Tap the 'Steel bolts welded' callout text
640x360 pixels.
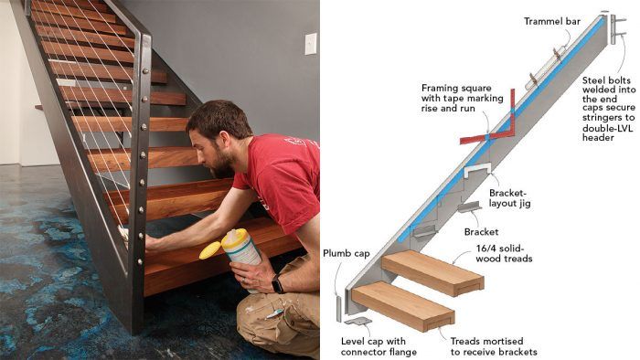(610, 109)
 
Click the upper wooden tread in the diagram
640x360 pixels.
(433, 270)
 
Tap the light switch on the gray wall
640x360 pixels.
(310, 43)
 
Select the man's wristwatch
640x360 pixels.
(277, 284)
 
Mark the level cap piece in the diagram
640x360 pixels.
(359, 322)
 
